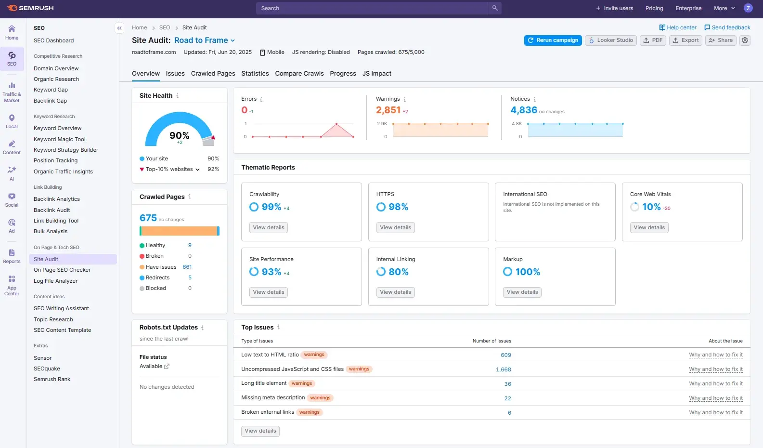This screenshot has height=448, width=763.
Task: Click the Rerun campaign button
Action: pyautogui.click(x=553, y=40)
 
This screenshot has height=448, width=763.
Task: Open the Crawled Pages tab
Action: pyautogui.click(x=213, y=74)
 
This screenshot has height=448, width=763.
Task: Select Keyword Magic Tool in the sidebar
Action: pyautogui.click(x=60, y=139)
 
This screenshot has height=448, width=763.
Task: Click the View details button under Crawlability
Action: pyautogui.click(x=269, y=228)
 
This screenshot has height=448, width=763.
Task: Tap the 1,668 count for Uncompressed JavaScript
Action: pyautogui.click(x=503, y=369)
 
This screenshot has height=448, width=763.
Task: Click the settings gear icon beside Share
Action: pyautogui.click(x=745, y=40)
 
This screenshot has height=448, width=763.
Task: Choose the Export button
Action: pyautogui.click(x=685, y=40)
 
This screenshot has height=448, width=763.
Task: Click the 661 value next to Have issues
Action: pyautogui.click(x=187, y=267)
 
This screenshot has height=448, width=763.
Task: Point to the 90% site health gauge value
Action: pyautogui.click(x=179, y=136)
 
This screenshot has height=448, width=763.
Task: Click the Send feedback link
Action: pyautogui.click(x=727, y=27)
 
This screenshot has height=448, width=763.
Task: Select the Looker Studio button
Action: pyautogui.click(x=610, y=40)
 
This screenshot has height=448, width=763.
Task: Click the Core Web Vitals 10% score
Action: pyautogui.click(x=651, y=207)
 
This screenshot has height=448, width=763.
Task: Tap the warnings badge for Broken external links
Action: pyautogui.click(x=309, y=412)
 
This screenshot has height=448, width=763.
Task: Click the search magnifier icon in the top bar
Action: pyautogui.click(x=494, y=8)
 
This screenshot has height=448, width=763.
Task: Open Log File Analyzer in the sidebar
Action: pyautogui.click(x=55, y=281)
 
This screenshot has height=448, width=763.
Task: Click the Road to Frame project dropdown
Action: pyautogui.click(x=205, y=40)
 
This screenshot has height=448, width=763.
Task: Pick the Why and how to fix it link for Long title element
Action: pyautogui.click(x=715, y=384)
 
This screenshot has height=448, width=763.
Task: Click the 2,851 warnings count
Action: pyautogui.click(x=388, y=110)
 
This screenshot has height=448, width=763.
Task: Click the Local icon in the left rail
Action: pyautogui.click(x=12, y=121)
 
